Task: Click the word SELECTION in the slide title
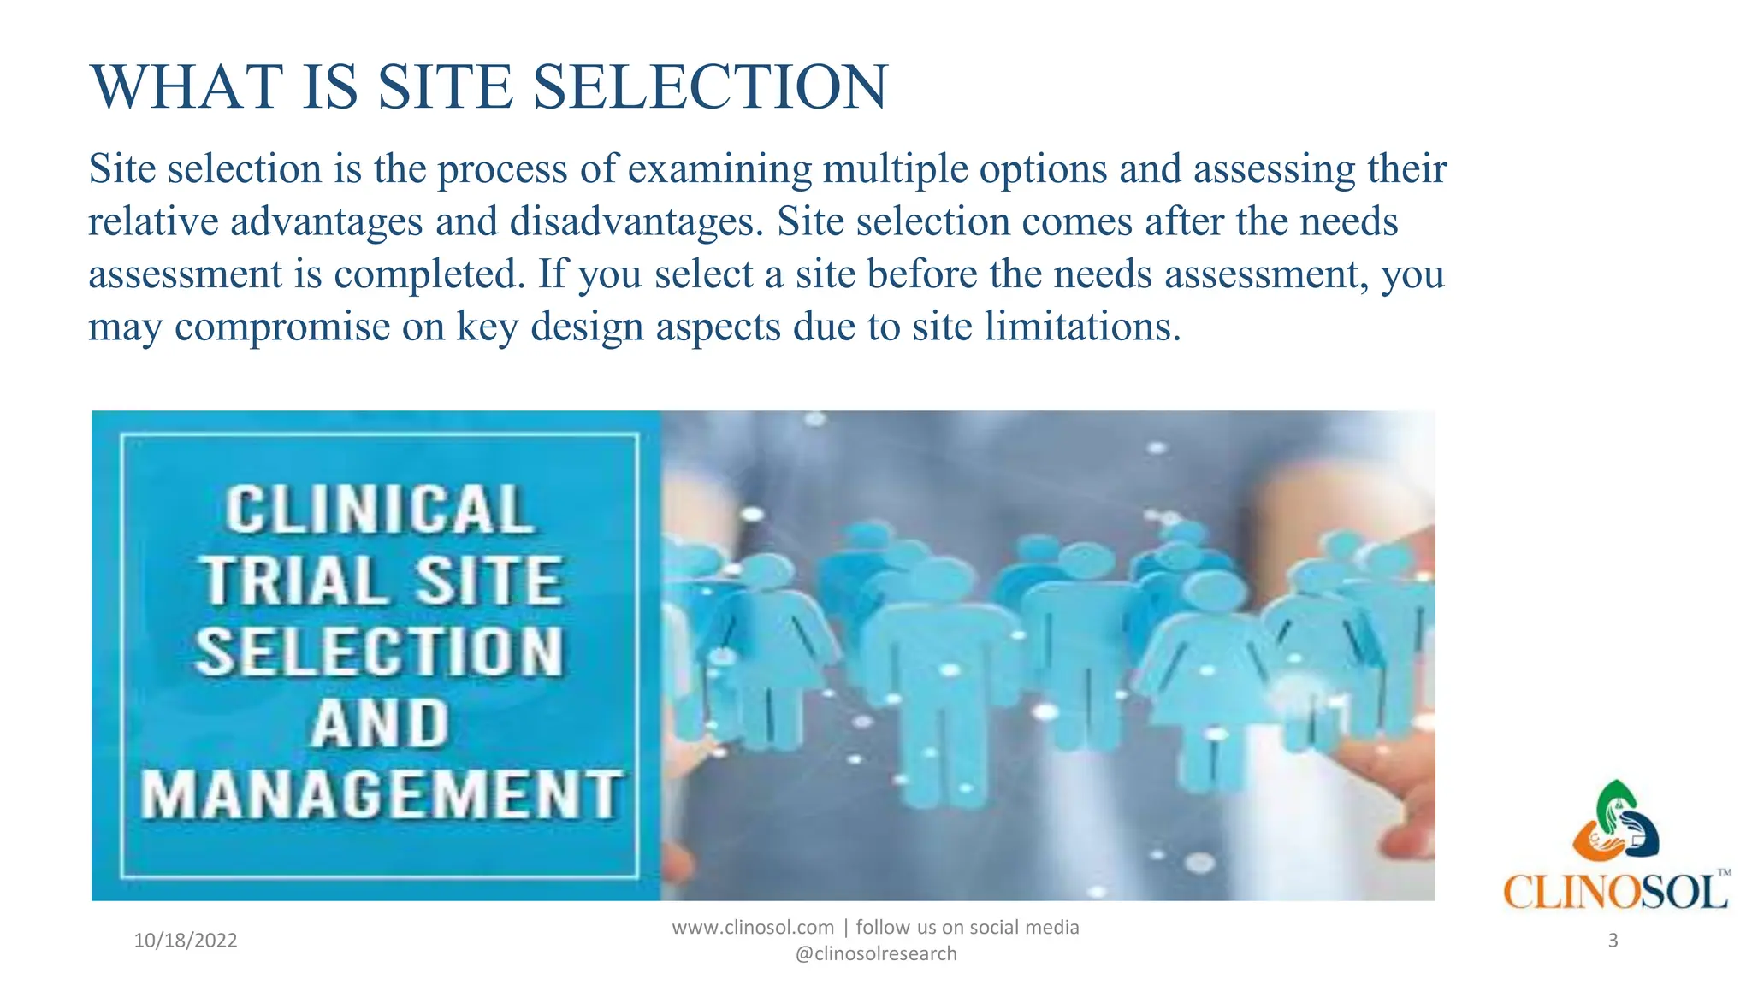point(710,87)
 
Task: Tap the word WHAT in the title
point(186,87)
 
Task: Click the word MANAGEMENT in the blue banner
point(382,795)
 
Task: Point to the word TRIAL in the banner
point(293,581)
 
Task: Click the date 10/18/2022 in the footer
point(186,941)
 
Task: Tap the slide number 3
point(1613,941)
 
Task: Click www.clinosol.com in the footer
point(753,928)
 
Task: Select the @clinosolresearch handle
point(876,954)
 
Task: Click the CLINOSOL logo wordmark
point(1615,893)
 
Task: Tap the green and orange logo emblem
point(1615,821)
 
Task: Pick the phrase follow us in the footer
point(895,928)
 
